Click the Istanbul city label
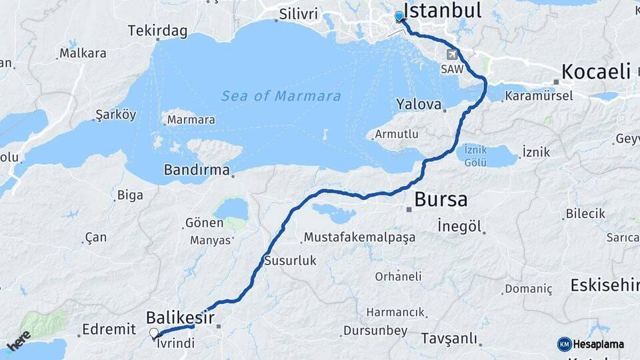(443, 11)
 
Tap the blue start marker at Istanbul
(399, 16)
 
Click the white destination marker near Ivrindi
(154, 333)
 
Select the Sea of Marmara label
(281, 96)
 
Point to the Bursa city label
(441, 199)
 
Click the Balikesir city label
(180, 317)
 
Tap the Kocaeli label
(595, 71)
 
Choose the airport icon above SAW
(453, 54)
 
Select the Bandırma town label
(197, 170)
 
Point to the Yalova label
(419, 105)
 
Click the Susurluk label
(290, 261)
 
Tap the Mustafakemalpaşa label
(359, 237)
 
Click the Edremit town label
(108, 329)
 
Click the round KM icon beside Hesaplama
(564, 344)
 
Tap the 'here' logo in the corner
(19, 339)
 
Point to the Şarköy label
(116, 115)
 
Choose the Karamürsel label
(539, 96)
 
